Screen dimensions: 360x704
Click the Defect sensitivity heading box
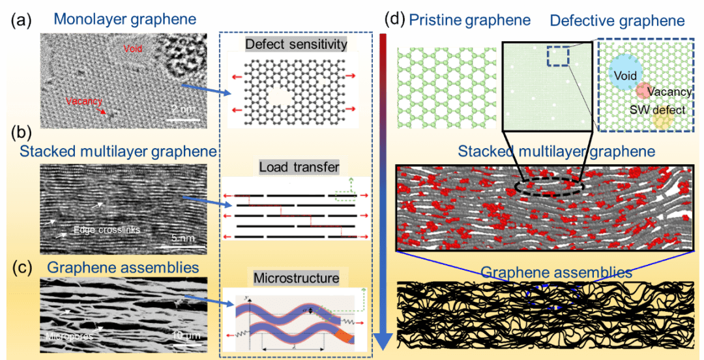pos(296,44)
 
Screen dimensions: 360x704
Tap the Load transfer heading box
pos(299,168)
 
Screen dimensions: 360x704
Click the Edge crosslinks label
pos(108,230)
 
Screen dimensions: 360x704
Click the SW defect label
pos(657,110)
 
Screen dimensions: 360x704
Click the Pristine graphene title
pos(469,20)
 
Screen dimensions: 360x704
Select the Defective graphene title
pos(617,21)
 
